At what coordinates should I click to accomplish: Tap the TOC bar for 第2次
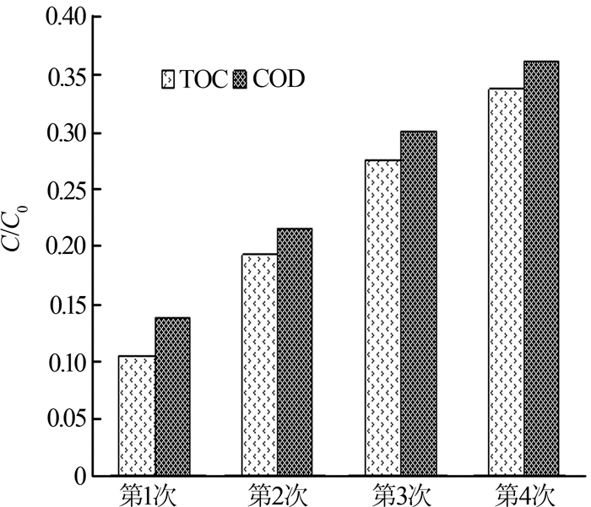[x=259, y=364]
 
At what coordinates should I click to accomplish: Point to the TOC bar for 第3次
[x=382, y=318]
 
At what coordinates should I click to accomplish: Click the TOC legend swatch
[x=168, y=79]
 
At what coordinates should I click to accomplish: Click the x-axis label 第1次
[x=153, y=493]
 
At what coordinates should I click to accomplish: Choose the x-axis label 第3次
[x=400, y=493]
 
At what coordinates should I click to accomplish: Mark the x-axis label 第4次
[x=523, y=493]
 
